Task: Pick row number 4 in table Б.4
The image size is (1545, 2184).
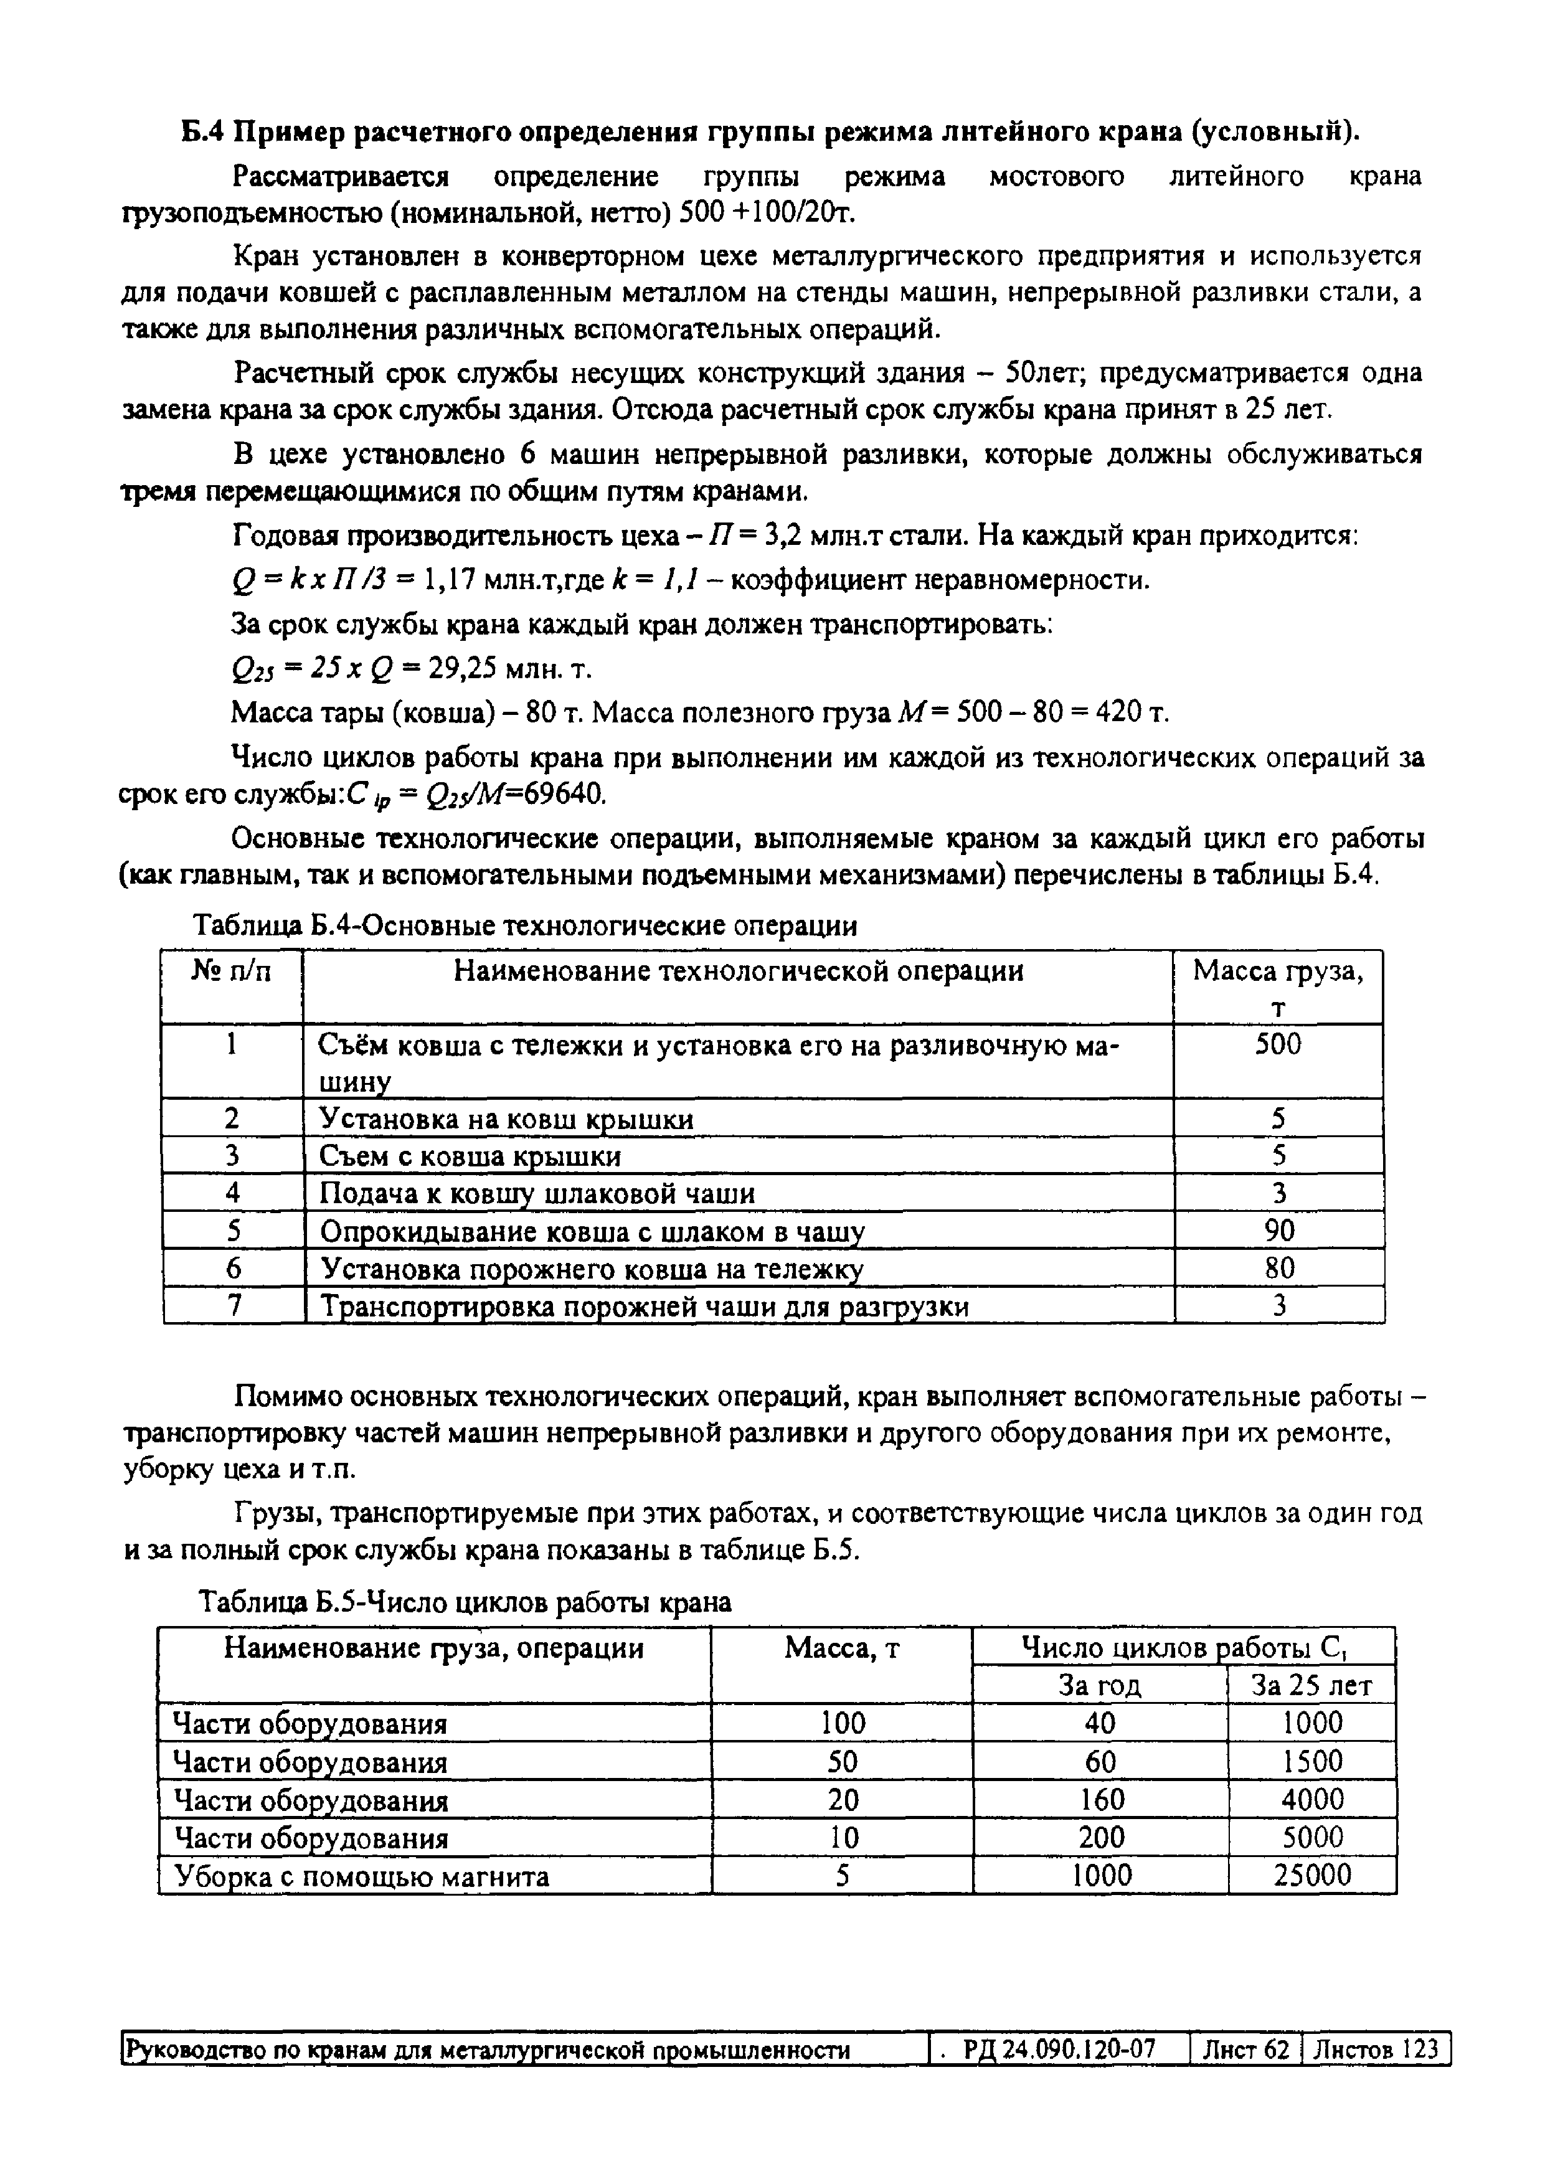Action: pyautogui.click(x=232, y=1192)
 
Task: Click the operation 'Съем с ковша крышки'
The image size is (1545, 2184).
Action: pyautogui.click(x=470, y=1156)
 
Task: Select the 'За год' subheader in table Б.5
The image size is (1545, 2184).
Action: pyautogui.click(x=1100, y=1686)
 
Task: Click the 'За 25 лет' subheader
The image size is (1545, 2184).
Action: pyautogui.click(x=1312, y=1686)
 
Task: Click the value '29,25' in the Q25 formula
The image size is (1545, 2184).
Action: pyautogui.click(x=462, y=669)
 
